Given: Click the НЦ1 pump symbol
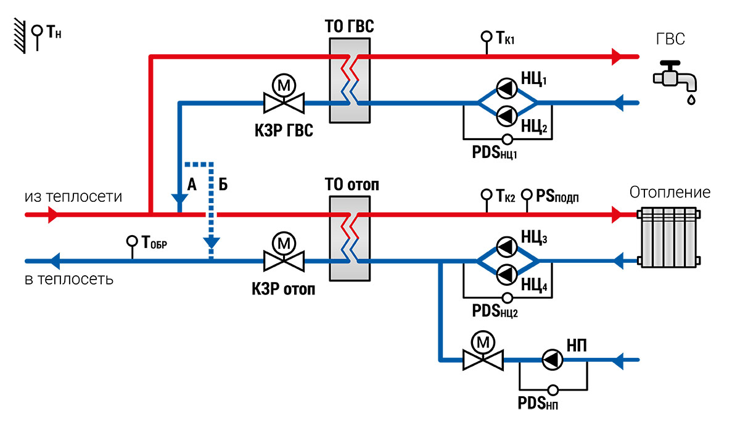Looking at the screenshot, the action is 507,89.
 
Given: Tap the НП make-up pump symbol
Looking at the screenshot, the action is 553,360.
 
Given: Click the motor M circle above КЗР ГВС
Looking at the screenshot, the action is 284,85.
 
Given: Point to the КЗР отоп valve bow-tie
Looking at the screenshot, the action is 284,261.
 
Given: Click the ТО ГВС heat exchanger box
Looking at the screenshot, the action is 350,80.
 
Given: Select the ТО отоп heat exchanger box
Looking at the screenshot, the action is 350,239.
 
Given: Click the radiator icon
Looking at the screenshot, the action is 670,238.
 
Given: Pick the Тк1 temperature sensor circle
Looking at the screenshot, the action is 487,36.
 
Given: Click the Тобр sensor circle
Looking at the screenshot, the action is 132,241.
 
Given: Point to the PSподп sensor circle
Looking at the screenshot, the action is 527,194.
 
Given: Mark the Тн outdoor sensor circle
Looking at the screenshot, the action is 37,31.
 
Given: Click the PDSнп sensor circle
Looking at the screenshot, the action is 553,390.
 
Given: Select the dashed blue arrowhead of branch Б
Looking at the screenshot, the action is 212,243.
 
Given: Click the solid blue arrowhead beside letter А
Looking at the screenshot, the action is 179,199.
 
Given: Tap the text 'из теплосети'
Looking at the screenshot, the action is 73,197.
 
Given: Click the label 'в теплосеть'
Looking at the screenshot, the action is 69,280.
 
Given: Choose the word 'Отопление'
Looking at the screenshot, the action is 670,193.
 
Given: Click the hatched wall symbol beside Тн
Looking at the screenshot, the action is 20,36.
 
